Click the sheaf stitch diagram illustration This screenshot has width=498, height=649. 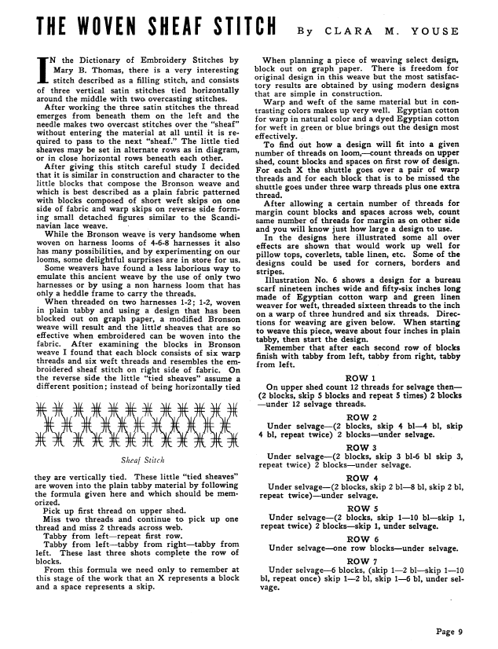137,425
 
